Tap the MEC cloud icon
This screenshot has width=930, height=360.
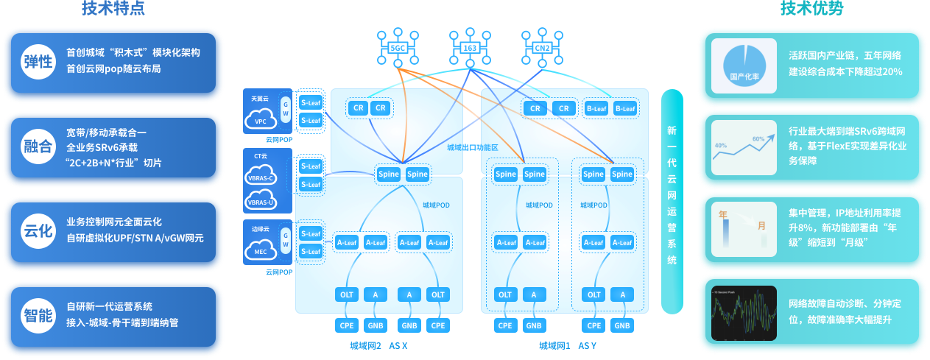[260, 250]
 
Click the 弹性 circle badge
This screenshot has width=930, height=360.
[38, 63]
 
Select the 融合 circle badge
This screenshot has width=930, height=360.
[38, 147]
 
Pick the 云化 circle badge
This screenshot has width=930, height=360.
[38, 231]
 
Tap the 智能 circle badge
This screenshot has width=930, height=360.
[38, 316]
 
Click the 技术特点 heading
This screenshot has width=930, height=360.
[113, 9]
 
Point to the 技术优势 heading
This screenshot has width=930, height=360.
[812, 9]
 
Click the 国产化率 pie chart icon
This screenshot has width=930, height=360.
[744, 66]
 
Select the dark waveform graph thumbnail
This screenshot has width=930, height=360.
[744, 312]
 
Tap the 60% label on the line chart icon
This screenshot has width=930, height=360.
[758, 138]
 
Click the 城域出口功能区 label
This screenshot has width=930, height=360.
[472, 147]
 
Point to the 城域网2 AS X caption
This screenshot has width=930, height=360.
[378, 345]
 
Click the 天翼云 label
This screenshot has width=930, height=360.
[260, 98]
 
